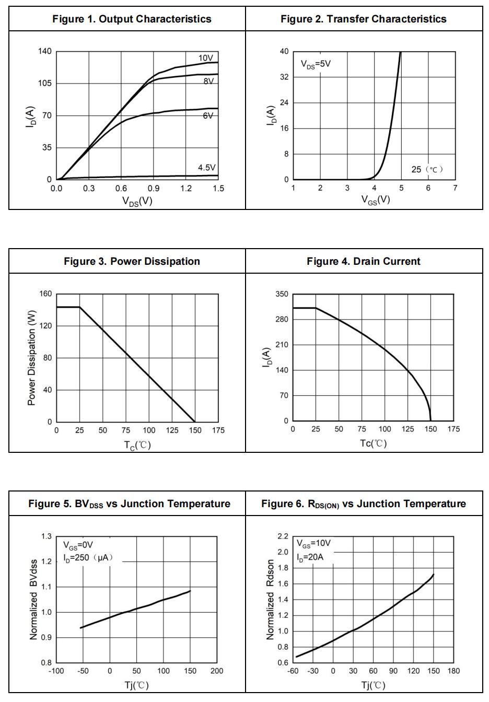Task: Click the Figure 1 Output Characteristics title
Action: [x=132, y=19]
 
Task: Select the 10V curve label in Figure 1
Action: [x=205, y=58]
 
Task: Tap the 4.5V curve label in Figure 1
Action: [x=206, y=168]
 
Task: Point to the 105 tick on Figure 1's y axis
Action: [x=45, y=84]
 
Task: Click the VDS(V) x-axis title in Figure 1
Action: [x=137, y=201]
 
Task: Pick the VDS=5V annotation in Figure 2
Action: [x=316, y=64]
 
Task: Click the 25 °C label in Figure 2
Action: [x=427, y=169]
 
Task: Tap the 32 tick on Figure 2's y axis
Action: [x=284, y=77]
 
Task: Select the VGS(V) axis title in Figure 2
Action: [x=376, y=200]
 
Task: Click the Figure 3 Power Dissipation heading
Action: [x=132, y=261]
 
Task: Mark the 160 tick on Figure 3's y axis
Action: [x=45, y=294]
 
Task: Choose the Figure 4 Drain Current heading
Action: [x=363, y=261]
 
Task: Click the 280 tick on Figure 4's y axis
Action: [x=282, y=320]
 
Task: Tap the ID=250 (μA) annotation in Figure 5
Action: [x=88, y=558]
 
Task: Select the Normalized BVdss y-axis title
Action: [x=33, y=599]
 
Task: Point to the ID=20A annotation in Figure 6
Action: [x=310, y=557]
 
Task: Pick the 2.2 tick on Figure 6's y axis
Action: [x=283, y=536]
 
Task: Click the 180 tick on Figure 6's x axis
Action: [x=453, y=671]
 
